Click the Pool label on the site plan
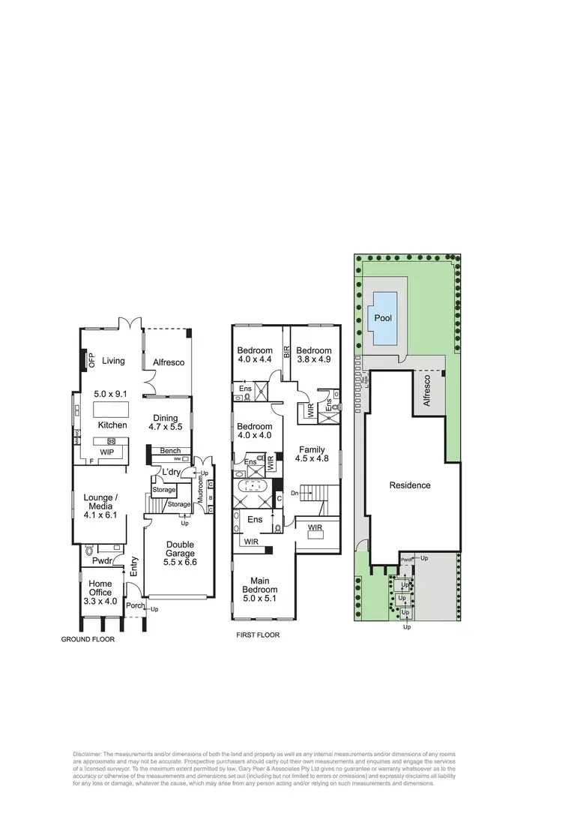click(383, 318)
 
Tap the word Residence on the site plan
click(410, 485)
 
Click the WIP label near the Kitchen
click(106, 452)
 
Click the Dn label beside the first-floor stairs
click(295, 492)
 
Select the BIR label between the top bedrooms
click(286, 350)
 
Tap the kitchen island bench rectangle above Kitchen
click(108, 410)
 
